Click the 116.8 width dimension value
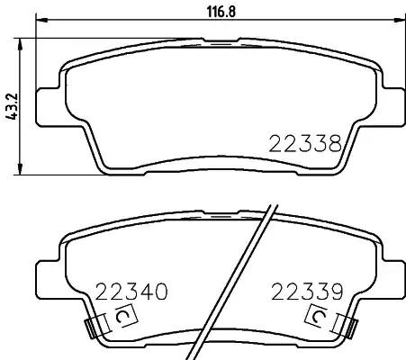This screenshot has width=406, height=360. [221, 12]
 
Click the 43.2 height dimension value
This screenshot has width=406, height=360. [13, 106]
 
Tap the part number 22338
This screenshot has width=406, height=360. [305, 144]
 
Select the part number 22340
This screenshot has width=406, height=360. [131, 292]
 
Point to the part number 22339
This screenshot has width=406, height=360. [307, 292]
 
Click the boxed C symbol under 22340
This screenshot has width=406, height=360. [126, 316]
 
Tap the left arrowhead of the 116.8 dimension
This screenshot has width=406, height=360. [41, 20]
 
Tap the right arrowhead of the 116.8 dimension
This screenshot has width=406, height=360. [398, 20]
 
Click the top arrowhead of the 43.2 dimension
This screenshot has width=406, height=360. [20, 44]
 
